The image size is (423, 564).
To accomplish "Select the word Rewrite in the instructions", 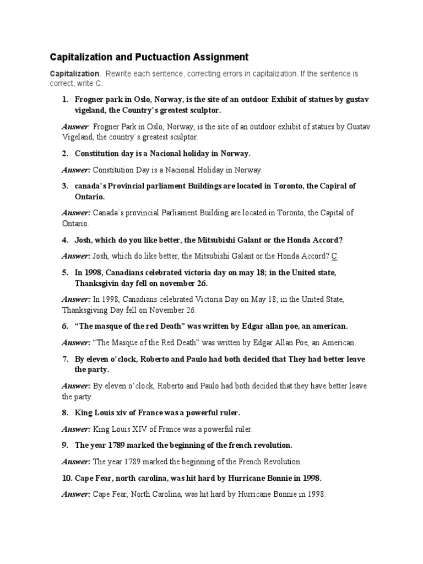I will click(x=120, y=73).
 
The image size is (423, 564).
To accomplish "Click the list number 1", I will click(x=64, y=100).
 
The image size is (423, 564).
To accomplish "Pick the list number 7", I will click(x=64, y=359).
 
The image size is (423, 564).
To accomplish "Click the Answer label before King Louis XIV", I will click(x=76, y=429).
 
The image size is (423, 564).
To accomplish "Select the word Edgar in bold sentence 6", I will click(x=253, y=326).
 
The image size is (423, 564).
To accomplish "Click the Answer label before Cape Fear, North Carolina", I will click(x=76, y=494).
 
